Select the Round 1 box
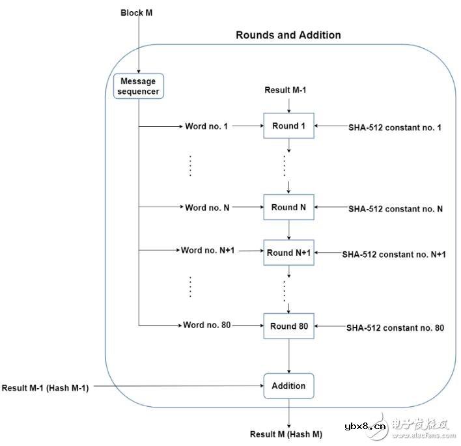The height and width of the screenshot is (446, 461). (x=288, y=126)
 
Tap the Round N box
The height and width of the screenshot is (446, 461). (x=288, y=208)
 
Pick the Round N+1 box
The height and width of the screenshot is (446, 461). (x=288, y=253)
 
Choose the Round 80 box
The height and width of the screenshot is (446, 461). (x=289, y=326)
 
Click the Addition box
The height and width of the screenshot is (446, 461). (x=288, y=385)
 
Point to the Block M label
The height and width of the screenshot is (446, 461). (x=136, y=13)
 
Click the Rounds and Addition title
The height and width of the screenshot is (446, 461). (x=288, y=35)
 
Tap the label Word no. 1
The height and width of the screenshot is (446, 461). (x=206, y=126)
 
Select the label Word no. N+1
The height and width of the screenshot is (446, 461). (x=208, y=250)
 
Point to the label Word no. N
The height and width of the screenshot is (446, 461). (x=206, y=208)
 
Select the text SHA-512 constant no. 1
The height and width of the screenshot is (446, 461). (x=395, y=128)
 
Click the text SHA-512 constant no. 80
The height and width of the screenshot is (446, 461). (x=395, y=328)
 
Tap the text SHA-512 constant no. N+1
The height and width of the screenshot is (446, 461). (x=395, y=255)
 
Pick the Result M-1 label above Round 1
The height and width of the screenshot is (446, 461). (x=288, y=89)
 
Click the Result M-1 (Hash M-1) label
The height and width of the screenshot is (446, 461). (x=45, y=387)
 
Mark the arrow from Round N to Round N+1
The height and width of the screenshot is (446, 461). (x=288, y=230)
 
